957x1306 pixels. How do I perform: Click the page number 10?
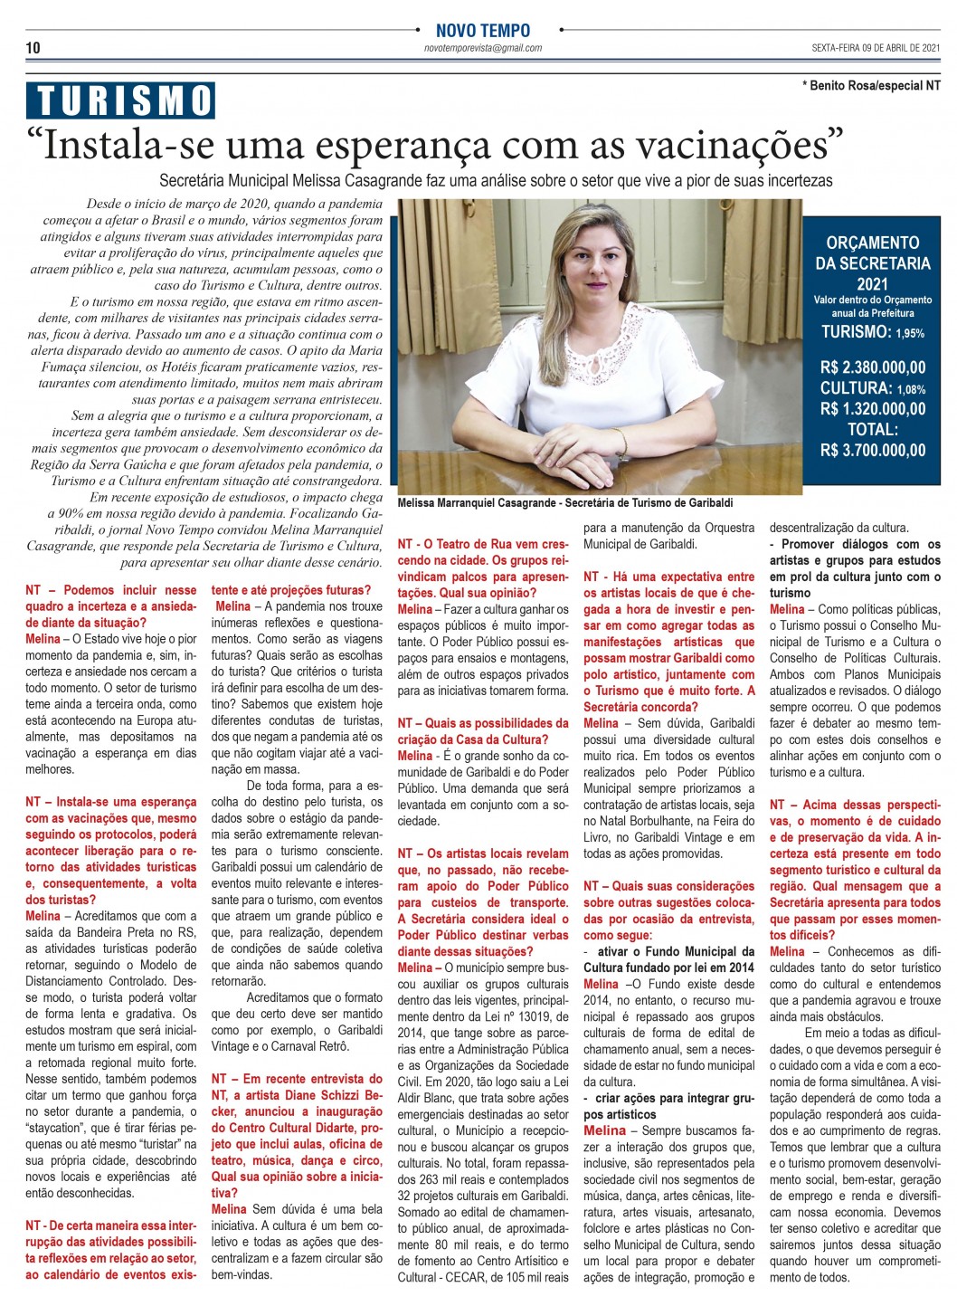(x=33, y=48)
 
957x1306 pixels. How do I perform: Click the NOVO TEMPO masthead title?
(x=483, y=31)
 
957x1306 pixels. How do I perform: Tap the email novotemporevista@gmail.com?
(x=483, y=49)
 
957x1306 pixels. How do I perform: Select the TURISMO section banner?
(x=121, y=100)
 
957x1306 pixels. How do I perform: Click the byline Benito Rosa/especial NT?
(x=871, y=85)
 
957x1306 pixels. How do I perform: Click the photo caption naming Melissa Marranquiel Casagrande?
(x=564, y=503)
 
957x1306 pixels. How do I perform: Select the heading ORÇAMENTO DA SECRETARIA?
(x=872, y=253)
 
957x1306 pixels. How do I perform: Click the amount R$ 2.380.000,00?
(x=872, y=367)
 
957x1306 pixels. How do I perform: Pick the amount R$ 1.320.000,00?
(x=872, y=409)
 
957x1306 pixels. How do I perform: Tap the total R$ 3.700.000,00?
(x=872, y=451)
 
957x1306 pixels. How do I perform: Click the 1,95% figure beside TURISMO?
(x=910, y=334)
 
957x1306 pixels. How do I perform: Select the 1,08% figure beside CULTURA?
(x=911, y=389)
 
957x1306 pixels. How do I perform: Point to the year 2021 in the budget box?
(x=872, y=284)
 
